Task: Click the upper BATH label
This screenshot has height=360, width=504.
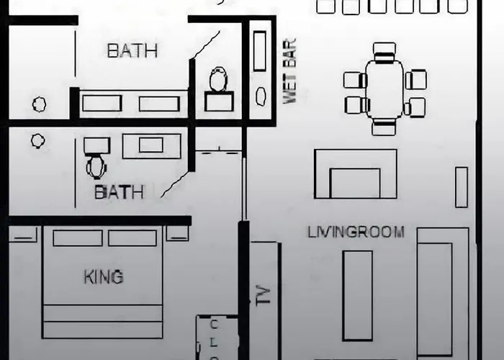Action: pyautogui.click(x=132, y=51)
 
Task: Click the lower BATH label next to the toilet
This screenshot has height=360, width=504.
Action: pyautogui.click(x=120, y=192)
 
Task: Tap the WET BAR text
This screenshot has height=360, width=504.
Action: pyautogui.click(x=289, y=71)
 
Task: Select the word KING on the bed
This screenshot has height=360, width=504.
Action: pyautogui.click(x=104, y=276)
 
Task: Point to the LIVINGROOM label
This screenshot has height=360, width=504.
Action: pyautogui.click(x=356, y=232)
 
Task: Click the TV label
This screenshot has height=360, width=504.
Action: pyautogui.click(x=264, y=295)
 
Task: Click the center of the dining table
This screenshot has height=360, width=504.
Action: pyautogui.click(x=384, y=89)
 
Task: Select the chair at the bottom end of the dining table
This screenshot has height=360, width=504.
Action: pyautogui.click(x=384, y=127)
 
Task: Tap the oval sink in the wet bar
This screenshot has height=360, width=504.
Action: pyautogui.click(x=261, y=96)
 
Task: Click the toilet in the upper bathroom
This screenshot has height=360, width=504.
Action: pyautogui.click(x=219, y=79)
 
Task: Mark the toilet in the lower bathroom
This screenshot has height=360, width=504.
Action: pyautogui.click(x=96, y=167)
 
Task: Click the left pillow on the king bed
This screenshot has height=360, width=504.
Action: pyautogui.click(x=78, y=238)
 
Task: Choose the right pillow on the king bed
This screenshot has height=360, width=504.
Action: pyautogui.click(x=132, y=238)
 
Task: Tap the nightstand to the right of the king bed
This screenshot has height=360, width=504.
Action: pyautogui.click(x=177, y=233)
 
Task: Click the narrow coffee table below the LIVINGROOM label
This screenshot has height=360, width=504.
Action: pyautogui.click(x=358, y=295)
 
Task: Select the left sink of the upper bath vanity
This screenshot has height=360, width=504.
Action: pyautogui.click(x=102, y=103)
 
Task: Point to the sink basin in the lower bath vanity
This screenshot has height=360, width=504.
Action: pyautogui.click(x=151, y=145)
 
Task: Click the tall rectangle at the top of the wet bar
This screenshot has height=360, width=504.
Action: pyautogui.click(x=260, y=51)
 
